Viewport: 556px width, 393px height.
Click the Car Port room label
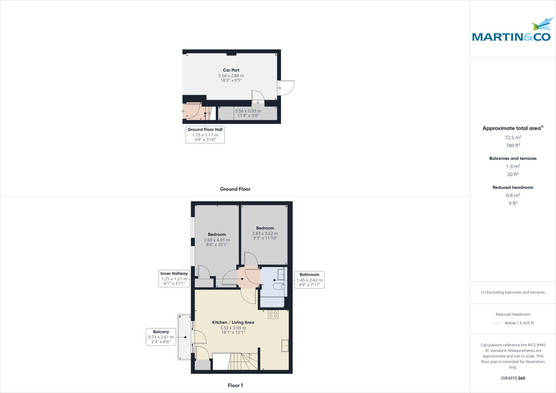point(231,70)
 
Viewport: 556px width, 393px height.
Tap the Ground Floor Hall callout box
point(205,134)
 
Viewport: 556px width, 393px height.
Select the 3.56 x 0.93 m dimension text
point(248,111)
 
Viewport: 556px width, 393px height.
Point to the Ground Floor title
point(235,189)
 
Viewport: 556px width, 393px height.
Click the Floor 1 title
point(235,385)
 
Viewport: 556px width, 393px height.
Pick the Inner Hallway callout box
point(174,278)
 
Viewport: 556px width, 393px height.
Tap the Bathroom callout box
point(309,280)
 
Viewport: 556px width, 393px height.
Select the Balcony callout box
point(161,337)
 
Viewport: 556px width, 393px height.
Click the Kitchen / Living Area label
point(233,322)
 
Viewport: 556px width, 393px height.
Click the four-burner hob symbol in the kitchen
point(273,314)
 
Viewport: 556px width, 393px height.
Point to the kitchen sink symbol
point(285,346)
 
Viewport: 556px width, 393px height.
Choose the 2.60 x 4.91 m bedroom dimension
point(217,240)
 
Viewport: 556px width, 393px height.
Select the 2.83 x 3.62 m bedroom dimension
point(265,233)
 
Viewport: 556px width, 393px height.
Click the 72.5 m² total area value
point(513,137)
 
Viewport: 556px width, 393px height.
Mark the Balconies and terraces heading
point(513,158)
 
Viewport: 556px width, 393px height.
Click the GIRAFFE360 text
point(513,378)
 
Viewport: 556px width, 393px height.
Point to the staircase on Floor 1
point(235,361)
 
